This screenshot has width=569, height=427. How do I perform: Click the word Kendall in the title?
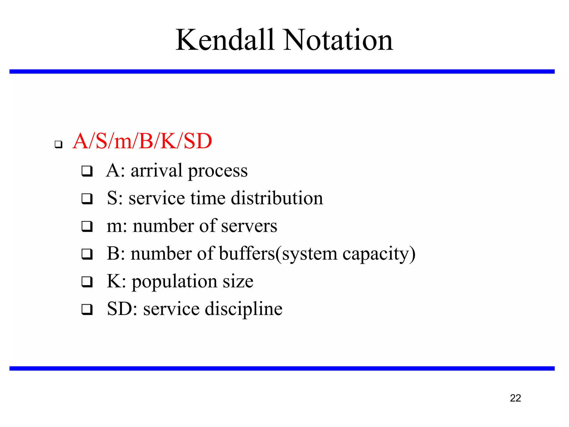pos(225,40)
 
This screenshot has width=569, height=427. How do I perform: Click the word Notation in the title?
pos(338,40)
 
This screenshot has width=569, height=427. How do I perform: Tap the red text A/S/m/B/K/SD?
pos(142,141)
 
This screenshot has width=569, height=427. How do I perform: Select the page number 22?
pos(515,398)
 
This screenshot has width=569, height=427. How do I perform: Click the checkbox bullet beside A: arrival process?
pos(87,171)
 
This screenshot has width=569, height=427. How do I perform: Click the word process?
pos(218,171)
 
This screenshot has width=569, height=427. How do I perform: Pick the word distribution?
pos(277,198)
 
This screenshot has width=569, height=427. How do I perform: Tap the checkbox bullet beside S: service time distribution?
pos(87,199)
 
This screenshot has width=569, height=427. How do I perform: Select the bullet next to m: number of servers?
pos(87,226)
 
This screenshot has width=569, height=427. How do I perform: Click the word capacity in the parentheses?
pos(376,254)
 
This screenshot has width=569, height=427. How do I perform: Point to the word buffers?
pos(247,254)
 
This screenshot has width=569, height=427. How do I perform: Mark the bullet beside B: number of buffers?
pos(87,254)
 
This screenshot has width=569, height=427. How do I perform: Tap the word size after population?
pos(238,281)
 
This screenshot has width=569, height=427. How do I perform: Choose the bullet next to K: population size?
pos(87,282)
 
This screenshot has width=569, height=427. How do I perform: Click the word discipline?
pos(243,309)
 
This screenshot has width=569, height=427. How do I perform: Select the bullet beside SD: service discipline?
pos(87,309)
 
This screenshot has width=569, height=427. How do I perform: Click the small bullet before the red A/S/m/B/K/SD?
pos(58,144)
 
